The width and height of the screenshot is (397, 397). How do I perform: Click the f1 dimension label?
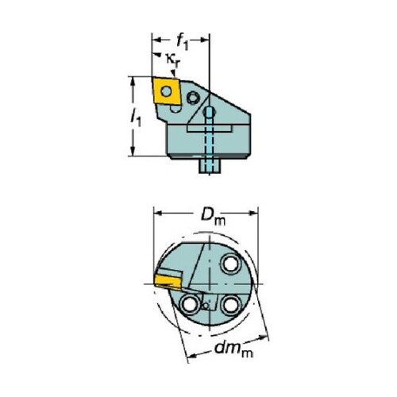coord(183,42)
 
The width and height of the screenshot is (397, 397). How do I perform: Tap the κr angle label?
coord(173,60)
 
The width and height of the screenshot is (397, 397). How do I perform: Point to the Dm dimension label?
coord(213,216)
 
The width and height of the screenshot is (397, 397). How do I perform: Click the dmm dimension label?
coord(233,349)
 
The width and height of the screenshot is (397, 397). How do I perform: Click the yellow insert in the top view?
coord(166,91)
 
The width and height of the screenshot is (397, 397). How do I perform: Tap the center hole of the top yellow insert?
coord(166,91)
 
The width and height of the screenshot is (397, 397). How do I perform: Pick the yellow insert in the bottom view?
coord(168,281)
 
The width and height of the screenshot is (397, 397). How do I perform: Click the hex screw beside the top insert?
coord(193,98)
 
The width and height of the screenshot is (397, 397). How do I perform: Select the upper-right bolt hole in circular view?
coord(230,264)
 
